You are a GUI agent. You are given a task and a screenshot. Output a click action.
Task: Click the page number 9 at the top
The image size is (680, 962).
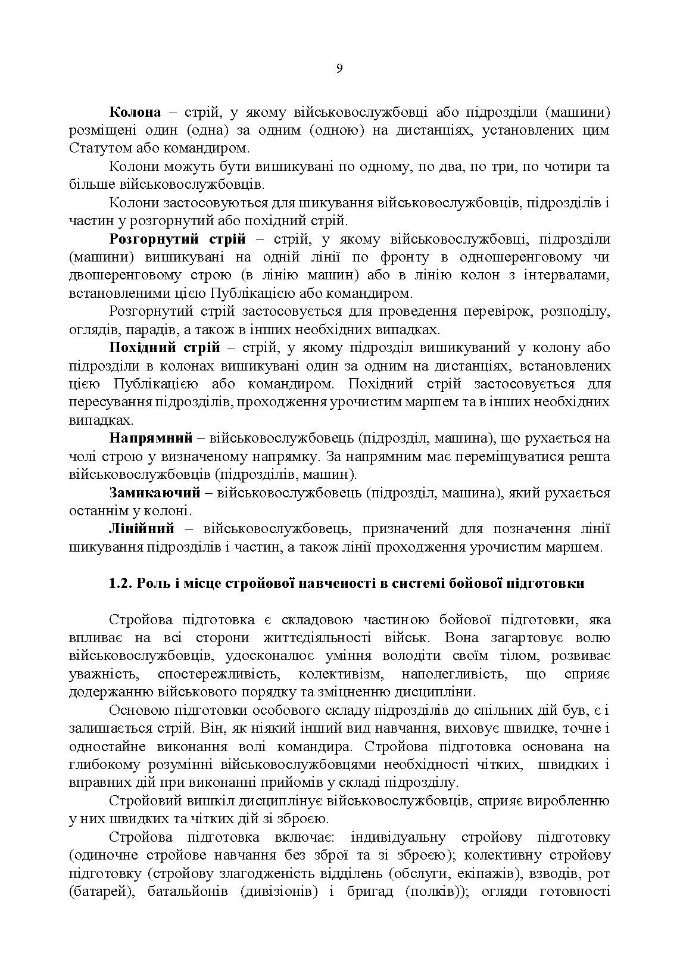339,68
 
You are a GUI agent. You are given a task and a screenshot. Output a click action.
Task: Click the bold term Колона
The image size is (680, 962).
135,113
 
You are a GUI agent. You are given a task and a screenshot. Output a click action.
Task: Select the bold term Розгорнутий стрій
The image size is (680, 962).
177,239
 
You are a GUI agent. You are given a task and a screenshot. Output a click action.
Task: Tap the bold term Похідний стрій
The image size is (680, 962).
165,348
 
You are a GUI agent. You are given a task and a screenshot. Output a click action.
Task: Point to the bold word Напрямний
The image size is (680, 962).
151,438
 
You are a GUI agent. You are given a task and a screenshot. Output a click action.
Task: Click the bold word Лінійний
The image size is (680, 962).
142,529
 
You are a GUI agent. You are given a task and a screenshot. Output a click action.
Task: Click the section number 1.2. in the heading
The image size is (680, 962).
121,584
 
